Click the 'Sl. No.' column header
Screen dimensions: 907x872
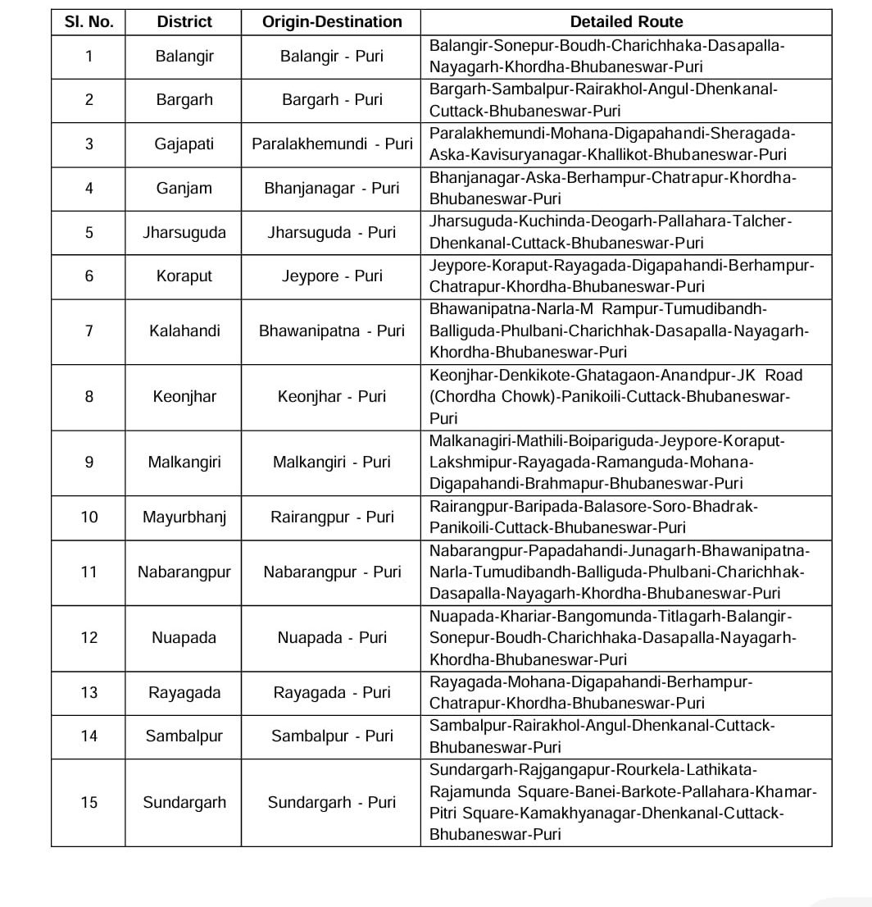pos(89,22)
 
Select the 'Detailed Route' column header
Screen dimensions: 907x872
pos(626,22)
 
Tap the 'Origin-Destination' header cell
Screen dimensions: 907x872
pos(331,22)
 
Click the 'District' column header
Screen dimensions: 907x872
pos(184,22)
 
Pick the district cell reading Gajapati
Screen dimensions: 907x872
pos(184,144)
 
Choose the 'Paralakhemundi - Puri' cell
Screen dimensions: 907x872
pos(331,144)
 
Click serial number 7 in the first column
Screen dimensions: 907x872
pos(89,331)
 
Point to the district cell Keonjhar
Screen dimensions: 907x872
pos(184,397)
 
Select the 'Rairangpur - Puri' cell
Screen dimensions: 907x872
pos(331,517)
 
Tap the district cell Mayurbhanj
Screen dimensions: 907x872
pos(184,517)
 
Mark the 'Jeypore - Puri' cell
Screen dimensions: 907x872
pos(331,276)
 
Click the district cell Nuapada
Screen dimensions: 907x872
pos(184,638)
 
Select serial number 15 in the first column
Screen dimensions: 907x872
pos(89,803)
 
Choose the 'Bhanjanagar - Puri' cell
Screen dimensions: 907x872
pos(331,189)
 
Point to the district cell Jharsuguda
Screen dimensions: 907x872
pos(184,233)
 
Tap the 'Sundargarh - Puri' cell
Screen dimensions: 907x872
pos(331,803)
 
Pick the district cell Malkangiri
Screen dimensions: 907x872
pos(184,463)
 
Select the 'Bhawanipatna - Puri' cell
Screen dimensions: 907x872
pos(331,331)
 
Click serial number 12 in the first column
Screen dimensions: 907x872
pos(89,638)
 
